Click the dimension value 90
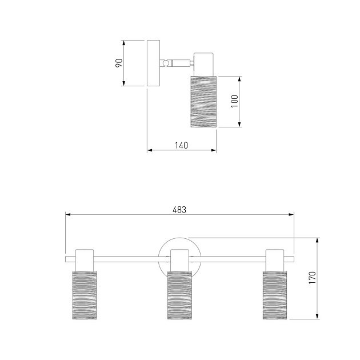[x=119, y=63]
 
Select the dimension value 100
[x=235, y=101]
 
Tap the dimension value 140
[x=181, y=145]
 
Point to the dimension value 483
[x=179, y=210]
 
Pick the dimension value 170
[x=312, y=278]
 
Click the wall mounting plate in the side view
[x=153, y=63]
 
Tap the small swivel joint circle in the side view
[x=165, y=63]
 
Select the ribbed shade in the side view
[x=203, y=102]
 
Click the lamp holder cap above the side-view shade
[x=204, y=65]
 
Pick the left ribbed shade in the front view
[x=85, y=295]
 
